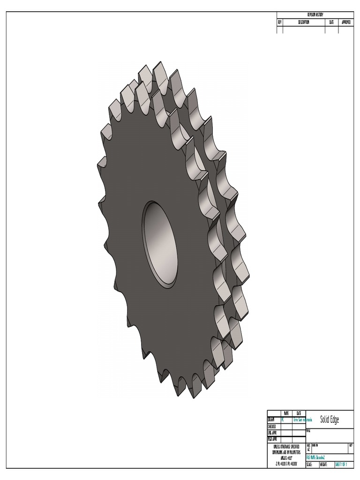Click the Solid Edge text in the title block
329,420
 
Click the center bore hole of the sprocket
160,244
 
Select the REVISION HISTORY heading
315,15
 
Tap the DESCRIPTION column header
304,22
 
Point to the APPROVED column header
347,22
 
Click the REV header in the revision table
280,22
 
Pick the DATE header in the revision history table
331,22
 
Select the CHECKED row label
272,427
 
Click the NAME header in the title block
286,413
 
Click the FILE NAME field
316,457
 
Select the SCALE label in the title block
309,465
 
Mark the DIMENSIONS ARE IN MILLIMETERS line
286,452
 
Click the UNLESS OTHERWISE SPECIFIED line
286,446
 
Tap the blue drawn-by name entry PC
283,420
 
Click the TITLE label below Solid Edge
308,430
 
